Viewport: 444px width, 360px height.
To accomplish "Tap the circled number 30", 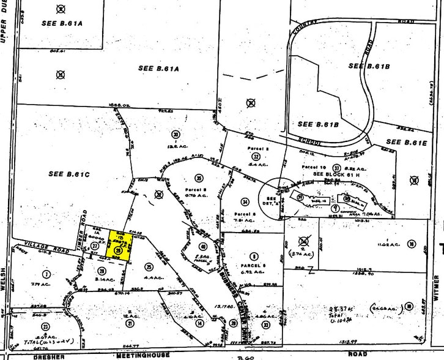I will [x=176, y=135].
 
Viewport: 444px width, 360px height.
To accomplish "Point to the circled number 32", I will [x=255, y=156].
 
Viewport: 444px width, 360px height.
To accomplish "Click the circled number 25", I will [x=149, y=266].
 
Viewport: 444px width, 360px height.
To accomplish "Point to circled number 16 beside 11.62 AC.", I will [x=412, y=244].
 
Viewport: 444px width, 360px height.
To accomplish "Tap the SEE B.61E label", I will [x=406, y=142].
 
